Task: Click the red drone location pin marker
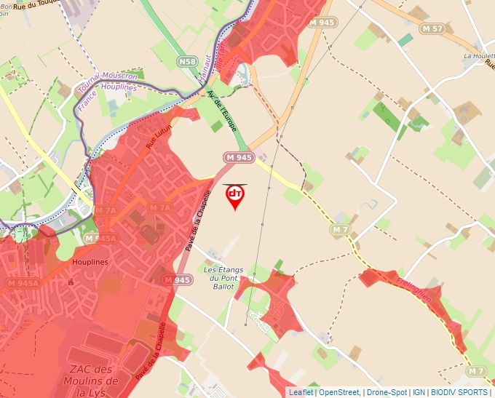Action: click(235, 196)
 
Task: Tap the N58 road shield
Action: click(187, 63)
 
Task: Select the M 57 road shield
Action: click(432, 28)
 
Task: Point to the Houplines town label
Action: click(90, 261)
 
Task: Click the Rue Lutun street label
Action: click(158, 136)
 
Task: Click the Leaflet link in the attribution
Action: click(301, 392)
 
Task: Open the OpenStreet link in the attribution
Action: click(341, 392)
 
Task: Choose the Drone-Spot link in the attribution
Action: click(387, 392)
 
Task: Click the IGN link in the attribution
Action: click(419, 392)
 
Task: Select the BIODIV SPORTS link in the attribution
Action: click(459, 392)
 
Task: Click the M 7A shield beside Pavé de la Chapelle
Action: click(160, 207)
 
